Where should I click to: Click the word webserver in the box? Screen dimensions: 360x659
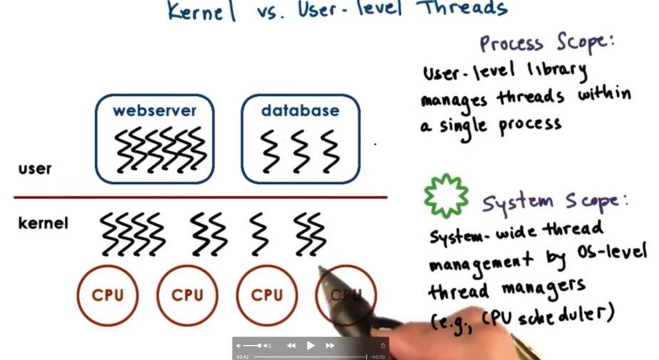pyautogui.click(x=154, y=111)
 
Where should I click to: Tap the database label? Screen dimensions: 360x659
pyautogui.click(x=300, y=111)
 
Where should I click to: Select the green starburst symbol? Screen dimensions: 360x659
pyautogui.click(x=446, y=195)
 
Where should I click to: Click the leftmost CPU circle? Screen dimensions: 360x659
pyautogui.click(x=108, y=295)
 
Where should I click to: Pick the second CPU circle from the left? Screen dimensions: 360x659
pyautogui.click(x=188, y=295)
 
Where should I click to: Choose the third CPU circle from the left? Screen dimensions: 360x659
pyautogui.click(x=267, y=295)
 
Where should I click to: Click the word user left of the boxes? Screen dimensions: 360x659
pyautogui.click(x=35, y=169)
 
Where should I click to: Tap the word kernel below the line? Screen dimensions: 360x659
pyautogui.click(x=43, y=224)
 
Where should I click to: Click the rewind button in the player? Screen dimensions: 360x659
pyautogui.click(x=291, y=346)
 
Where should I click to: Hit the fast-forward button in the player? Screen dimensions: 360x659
pyautogui.click(x=330, y=346)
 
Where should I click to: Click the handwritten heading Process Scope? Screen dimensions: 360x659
pyautogui.click(x=546, y=43)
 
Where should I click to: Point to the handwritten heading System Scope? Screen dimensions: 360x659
pyautogui.click(x=554, y=202)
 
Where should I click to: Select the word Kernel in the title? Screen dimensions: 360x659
pyautogui.click(x=201, y=11)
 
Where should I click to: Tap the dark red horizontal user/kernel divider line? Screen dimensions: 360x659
pyautogui.click(x=200, y=197)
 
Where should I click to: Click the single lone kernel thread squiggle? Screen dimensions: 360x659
pyautogui.click(x=259, y=233)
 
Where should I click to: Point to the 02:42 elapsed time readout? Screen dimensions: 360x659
pyautogui.click(x=242, y=356)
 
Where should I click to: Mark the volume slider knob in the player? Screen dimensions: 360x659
pyautogui.click(x=260, y=346)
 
